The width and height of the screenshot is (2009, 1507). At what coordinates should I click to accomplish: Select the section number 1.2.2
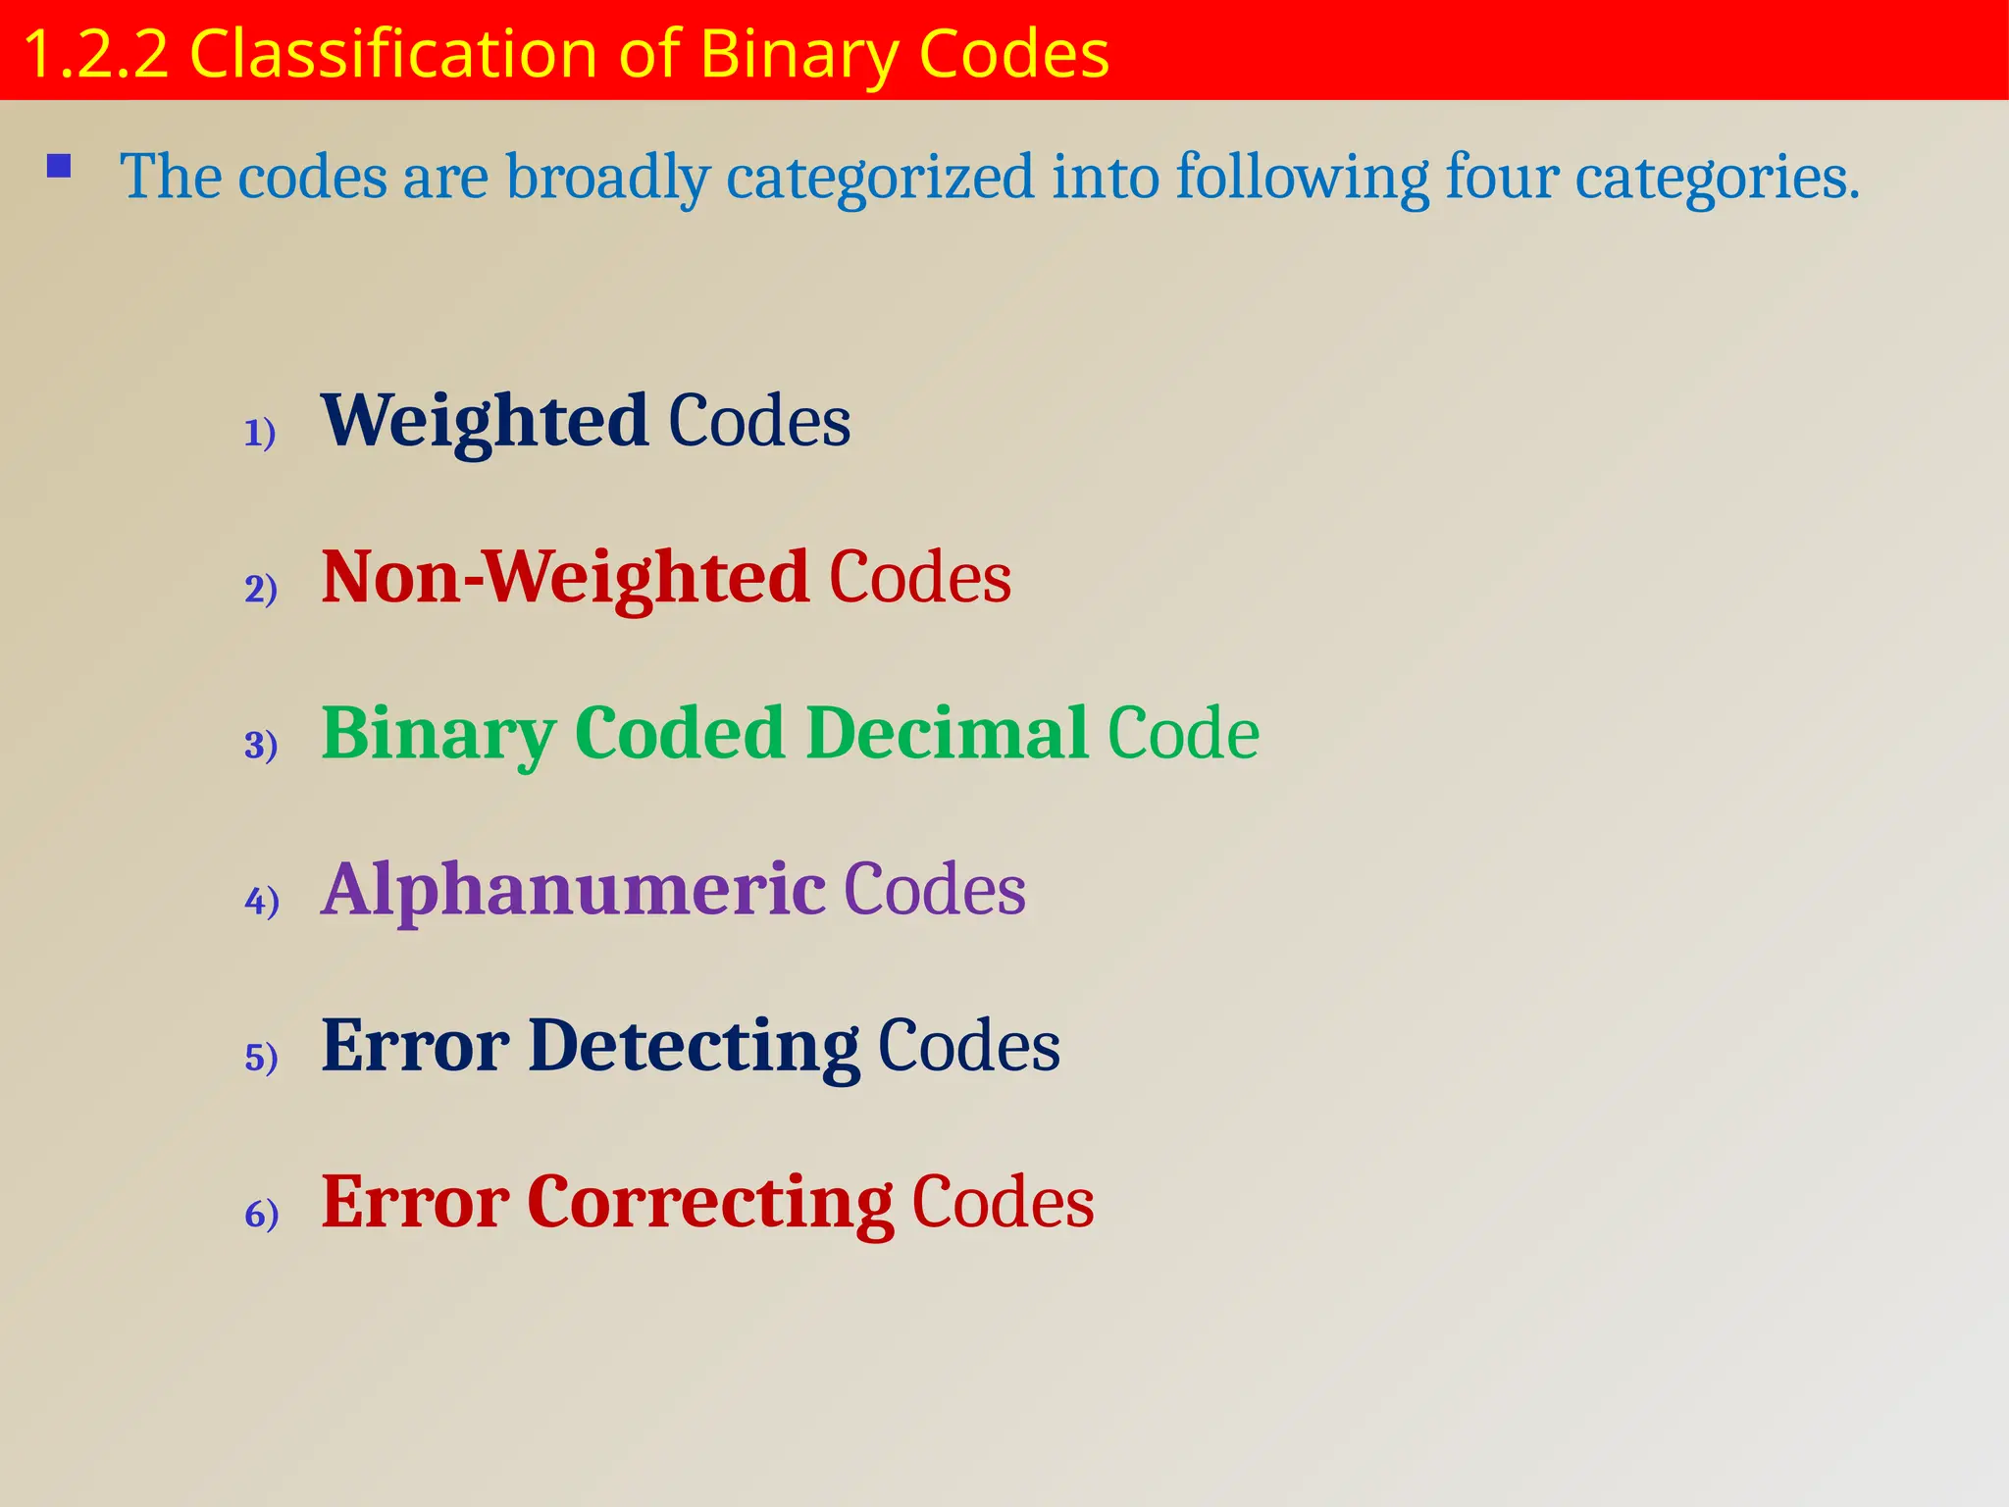(95, 53)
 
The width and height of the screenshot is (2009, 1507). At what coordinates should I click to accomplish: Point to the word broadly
(608, 178)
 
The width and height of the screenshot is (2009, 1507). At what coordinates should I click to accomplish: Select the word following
(1302, 178)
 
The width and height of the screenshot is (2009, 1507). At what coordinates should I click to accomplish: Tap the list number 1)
(260, 433)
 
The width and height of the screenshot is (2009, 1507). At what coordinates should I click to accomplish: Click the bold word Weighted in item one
(485, 420)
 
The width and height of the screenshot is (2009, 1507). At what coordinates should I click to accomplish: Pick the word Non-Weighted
(565, 577)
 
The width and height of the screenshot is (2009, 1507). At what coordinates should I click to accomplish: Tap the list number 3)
(261, 745)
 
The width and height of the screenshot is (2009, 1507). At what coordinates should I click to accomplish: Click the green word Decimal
(947, 733)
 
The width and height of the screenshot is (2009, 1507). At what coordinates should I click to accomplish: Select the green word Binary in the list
(438, 735)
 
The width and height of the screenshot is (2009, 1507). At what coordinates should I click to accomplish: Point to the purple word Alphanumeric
(574, 889)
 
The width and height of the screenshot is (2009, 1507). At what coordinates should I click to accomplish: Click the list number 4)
(262, 901)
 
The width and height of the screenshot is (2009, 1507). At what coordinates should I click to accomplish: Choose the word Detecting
(694, 1046)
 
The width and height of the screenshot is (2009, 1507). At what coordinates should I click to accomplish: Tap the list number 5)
(261, 1058)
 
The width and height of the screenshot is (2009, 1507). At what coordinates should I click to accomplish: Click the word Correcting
(710, 1203)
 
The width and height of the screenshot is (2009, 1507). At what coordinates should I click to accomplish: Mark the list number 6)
(262, 1215)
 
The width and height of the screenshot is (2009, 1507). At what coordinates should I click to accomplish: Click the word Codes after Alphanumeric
(935, 889)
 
